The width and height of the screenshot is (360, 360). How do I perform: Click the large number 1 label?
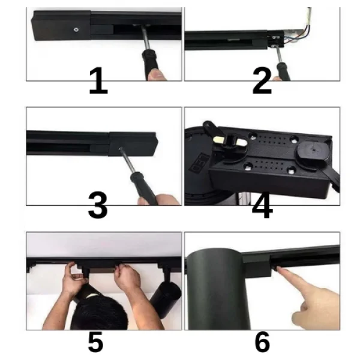click(98, 80)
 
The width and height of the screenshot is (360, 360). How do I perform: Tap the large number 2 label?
click(262, 80)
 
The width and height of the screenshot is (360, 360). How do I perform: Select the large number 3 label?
click(98, 205)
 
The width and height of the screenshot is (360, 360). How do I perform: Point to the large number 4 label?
click(262, 205)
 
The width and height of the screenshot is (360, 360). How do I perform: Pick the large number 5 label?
click(96, 341)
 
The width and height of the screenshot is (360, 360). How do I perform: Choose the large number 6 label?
click(262, 341)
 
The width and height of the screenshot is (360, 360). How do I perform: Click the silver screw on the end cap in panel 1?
click(76, 29)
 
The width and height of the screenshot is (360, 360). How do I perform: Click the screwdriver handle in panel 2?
click(283, 71)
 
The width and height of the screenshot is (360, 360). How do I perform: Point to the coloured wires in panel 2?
click(298, 32)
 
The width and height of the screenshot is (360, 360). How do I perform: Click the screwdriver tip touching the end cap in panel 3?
click(121, 149)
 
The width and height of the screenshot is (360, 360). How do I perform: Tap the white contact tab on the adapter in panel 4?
click(230, 141)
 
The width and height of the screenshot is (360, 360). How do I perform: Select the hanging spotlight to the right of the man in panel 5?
click(165, 296)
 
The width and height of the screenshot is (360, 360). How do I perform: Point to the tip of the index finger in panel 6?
click(278, 268)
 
